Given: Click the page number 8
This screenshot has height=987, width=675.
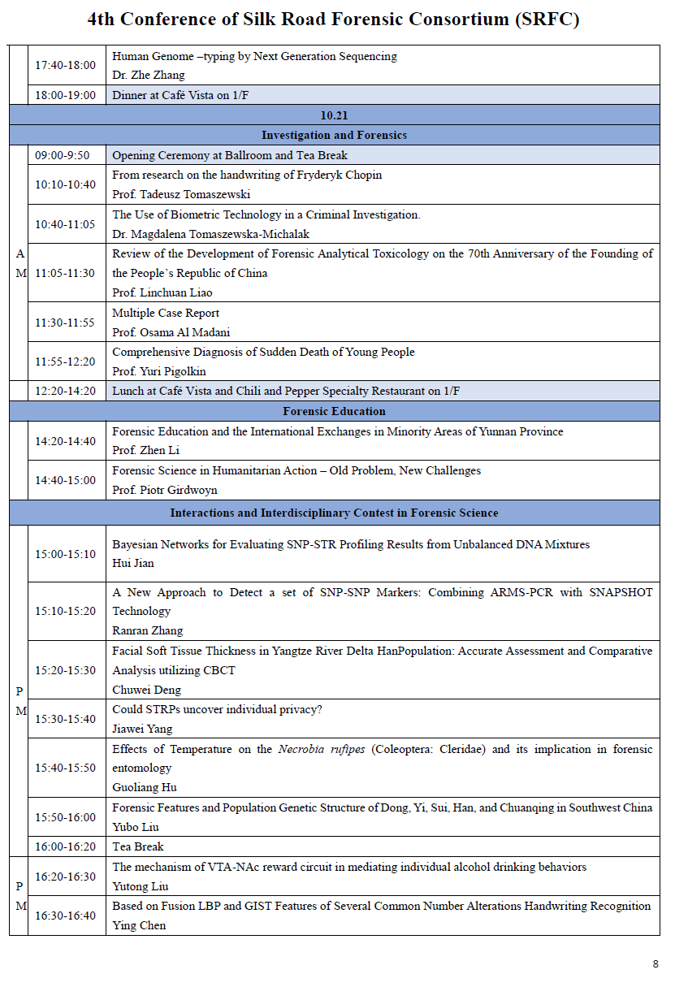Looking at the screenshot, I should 656,963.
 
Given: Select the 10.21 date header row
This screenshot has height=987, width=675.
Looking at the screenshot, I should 334,115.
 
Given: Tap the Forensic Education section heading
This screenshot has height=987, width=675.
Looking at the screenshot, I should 334,411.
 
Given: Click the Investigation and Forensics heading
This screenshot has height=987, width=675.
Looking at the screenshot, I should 334,135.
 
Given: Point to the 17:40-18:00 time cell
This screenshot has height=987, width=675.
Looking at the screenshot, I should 65,65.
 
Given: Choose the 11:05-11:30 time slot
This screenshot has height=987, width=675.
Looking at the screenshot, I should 65,273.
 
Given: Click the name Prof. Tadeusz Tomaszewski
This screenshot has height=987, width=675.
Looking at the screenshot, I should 181,194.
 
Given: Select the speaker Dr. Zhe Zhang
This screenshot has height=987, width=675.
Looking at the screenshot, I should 149,75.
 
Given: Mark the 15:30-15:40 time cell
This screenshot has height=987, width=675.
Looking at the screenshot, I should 65,719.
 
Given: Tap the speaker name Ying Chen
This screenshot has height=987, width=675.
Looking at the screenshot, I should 139,925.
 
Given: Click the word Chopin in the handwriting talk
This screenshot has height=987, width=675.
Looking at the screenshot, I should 361,175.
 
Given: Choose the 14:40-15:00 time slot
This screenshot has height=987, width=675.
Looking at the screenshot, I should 65,480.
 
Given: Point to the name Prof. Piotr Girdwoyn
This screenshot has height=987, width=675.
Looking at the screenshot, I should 165,490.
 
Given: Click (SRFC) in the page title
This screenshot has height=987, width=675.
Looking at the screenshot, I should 547,19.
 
